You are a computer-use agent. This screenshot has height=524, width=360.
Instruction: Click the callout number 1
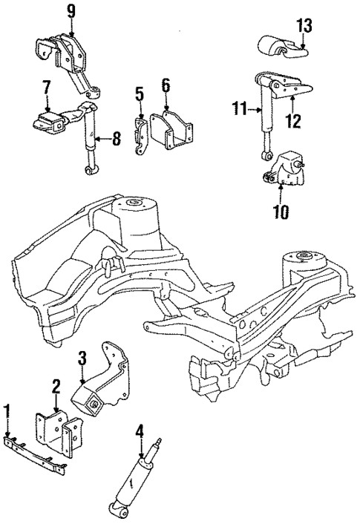7,411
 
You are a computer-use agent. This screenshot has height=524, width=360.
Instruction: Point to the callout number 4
139,430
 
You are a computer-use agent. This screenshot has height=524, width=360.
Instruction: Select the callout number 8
117,137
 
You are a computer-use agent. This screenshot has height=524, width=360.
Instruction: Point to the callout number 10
281,212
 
